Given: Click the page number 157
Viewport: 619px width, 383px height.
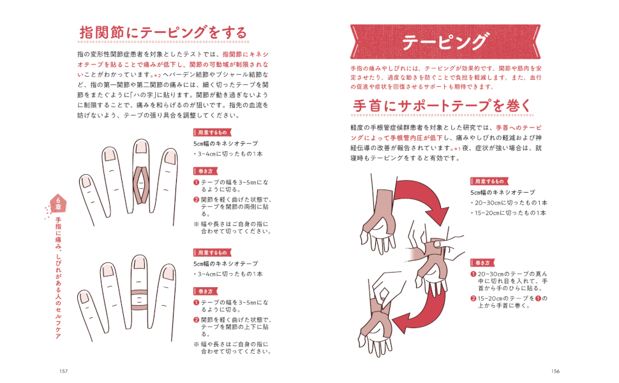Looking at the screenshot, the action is [x=64, y=371].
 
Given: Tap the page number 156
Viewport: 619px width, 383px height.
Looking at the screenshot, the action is [x=555, y=371].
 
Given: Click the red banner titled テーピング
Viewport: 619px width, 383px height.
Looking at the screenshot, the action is [x=445, y=42].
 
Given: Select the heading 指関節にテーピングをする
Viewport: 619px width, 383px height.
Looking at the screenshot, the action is [x=163, y=33].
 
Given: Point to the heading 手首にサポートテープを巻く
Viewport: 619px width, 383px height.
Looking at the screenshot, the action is [x=442, y=106].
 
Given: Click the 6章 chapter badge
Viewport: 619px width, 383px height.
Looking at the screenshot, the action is [x=59, y=204].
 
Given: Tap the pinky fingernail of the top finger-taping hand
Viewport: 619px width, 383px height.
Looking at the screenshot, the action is [x=86, y=182].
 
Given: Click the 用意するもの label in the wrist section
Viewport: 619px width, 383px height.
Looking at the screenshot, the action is [x=489, y=181].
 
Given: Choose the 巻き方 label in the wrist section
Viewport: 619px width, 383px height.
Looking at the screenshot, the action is [x=482, y=263].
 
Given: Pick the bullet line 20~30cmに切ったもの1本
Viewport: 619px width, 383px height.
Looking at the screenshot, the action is [x=509, y=202].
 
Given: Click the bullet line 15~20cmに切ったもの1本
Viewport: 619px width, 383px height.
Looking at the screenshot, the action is [x=509, y=213].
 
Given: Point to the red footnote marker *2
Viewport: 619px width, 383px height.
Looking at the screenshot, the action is [x=158, y=75].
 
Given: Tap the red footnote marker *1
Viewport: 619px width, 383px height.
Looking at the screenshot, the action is [x=458, y=149].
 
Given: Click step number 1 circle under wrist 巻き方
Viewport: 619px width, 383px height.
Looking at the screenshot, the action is [x=473, y=274].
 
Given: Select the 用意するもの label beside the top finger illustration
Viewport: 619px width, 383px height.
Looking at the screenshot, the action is [x=212, y=132].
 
